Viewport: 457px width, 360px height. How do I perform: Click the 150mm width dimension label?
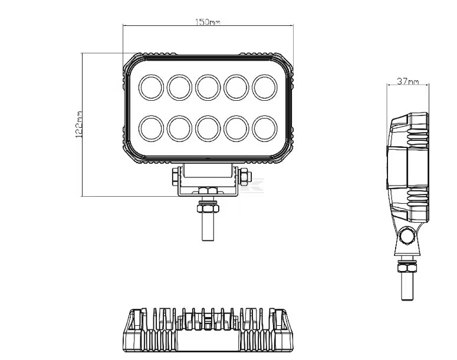pyautogui.click(x=207, y=22)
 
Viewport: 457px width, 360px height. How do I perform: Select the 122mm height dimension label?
pyautogui.click(x=79, y=124)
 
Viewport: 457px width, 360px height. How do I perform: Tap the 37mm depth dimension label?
pyautogui.click(x=407, y=81)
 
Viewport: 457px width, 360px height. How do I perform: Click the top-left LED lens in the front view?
pyautogui.click(x=151, y=87)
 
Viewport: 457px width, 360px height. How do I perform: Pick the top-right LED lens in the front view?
pyautogui.click(x=265, y=87)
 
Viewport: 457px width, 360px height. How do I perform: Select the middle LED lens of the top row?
pyautogui.click(x=208, y=87)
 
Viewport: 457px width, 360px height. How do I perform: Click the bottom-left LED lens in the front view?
pyautogui.click(x=151, y=128)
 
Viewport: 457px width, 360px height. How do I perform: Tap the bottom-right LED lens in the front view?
pyautogui.click(x=265, y=128)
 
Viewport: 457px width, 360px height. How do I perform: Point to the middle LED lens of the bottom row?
pyautogui.click(x=208, y=128)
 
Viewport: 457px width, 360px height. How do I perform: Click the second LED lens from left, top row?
pyautogui.click(x=179, y=87)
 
